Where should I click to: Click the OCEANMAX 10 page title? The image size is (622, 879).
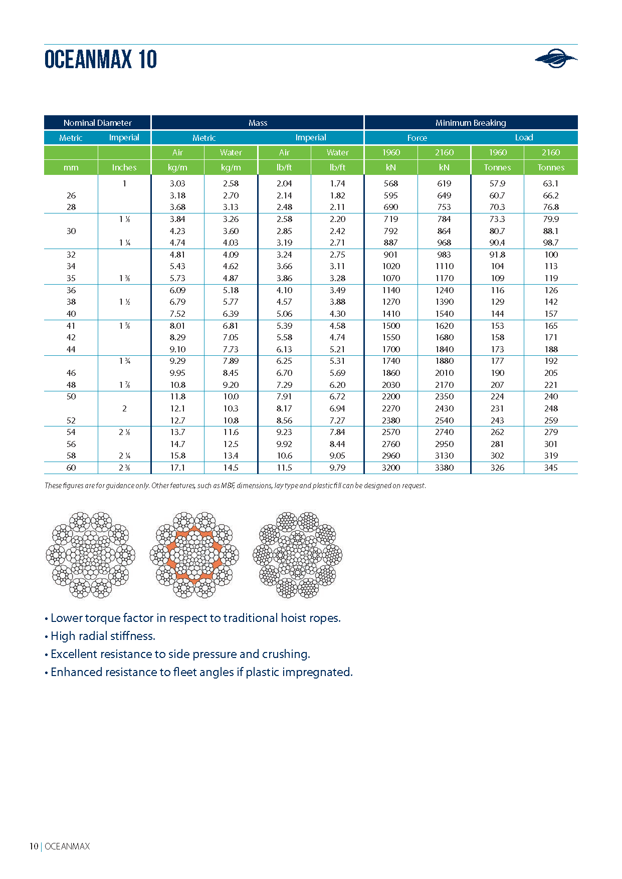coord(100,59)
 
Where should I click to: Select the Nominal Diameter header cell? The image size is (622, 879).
coord(97,123)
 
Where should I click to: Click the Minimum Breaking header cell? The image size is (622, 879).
coord(470,123)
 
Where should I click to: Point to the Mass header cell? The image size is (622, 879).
coord(258,123)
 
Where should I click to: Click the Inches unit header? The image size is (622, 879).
coord(124,167)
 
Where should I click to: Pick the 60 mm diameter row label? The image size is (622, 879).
coord(71,468)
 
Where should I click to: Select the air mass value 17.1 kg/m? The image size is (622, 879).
coord(177,468)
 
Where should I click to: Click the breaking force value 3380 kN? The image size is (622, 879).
coord(444,468)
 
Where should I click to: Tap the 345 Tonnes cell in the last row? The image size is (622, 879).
coord(551,468)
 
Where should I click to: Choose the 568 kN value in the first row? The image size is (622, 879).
coord(390,183)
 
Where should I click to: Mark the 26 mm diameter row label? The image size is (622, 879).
coord(71,195)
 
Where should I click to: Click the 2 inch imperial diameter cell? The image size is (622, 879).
coord(124,408)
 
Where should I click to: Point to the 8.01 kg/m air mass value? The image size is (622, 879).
coord(177,326)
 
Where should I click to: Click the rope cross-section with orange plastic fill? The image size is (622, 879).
coord(194,555)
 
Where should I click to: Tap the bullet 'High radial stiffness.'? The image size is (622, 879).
coord(103,636)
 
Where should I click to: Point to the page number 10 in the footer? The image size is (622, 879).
coord(34,846)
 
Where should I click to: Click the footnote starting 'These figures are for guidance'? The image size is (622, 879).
coord(235,486)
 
